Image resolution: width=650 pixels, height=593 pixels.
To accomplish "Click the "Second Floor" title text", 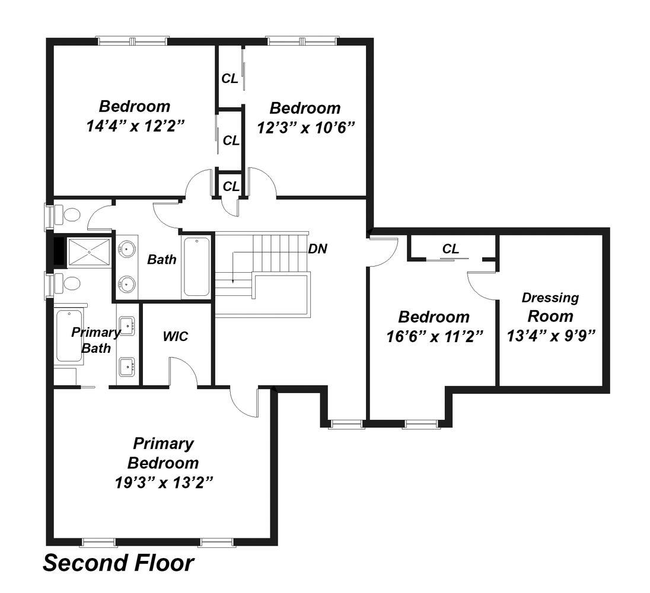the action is [x=119, y=563].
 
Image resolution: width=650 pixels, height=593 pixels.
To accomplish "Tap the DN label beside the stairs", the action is [x=317, y=248].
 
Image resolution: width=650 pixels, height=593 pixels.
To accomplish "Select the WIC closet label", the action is [x=176, y=336].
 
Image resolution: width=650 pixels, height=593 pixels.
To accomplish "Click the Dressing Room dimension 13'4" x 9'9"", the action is [x=551, y=336].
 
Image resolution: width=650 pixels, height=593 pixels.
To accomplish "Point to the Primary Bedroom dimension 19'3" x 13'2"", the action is [x=164, y=482].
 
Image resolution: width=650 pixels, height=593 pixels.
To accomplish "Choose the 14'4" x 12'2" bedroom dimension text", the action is [x=135, y=126].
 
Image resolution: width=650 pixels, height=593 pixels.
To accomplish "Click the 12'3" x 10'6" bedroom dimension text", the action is [x=306, y=127].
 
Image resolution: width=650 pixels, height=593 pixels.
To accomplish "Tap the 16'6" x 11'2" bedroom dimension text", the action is [x=435, y=336].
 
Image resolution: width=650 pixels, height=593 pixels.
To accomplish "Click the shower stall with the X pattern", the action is [x=89, y=252].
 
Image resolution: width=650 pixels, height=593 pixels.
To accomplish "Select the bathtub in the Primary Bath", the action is [x=69, y=336].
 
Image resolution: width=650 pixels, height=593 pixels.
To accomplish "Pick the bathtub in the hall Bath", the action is [x=196, y=266].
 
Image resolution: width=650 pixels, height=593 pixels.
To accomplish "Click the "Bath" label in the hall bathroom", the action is [x=162, y=260].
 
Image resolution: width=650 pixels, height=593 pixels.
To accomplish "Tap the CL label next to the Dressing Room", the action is [x=451, y=248].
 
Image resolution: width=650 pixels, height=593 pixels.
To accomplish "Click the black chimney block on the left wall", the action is [x=59, y=251].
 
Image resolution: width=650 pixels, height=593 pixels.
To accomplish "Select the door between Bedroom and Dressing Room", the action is [x=482, y=285].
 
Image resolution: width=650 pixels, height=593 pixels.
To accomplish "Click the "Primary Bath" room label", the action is [x=95, y=340].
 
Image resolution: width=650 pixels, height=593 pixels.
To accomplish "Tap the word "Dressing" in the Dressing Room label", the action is [x=550, y=298].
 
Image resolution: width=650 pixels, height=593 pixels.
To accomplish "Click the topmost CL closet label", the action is [x=230, y=78].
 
